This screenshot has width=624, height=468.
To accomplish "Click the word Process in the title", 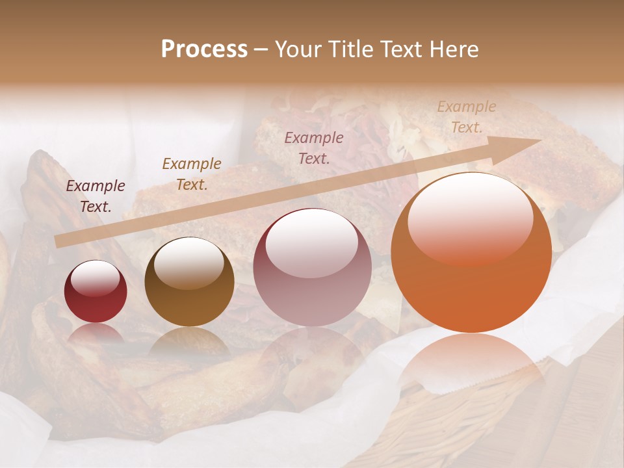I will click(204, 49).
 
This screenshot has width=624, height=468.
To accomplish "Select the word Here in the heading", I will click(455, 49).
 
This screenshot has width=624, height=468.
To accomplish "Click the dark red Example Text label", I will click(96, 196).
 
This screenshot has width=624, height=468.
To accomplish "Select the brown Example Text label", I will click(192, 174).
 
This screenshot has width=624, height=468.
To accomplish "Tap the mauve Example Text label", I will click(314, 148).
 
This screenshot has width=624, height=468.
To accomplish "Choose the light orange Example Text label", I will click(467, 117).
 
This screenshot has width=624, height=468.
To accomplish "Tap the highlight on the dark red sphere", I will click(96, 278).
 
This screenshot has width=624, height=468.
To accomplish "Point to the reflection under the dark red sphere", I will click(96, 333).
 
